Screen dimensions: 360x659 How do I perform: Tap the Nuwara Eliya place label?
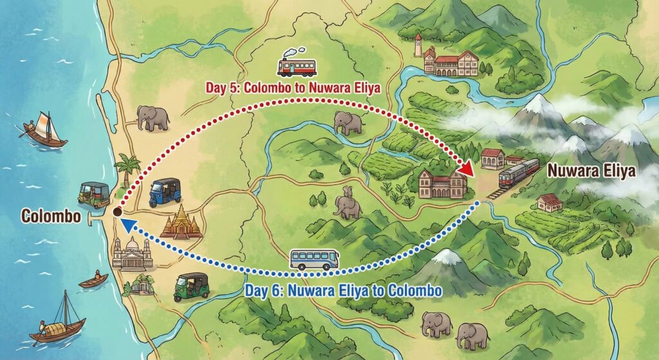(x=591, y=171)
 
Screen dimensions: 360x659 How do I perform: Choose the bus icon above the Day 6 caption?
(x=314, y=259)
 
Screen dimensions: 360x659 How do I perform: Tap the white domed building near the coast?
(x=132, y=253)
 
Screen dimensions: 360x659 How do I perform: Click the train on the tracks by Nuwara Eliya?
(x=518, y=173)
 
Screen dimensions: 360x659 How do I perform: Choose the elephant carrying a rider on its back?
(x=348, y=205)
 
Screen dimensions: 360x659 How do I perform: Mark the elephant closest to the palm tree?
(x=153, y=118)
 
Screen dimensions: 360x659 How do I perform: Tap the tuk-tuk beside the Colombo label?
(x=94, y=193)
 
